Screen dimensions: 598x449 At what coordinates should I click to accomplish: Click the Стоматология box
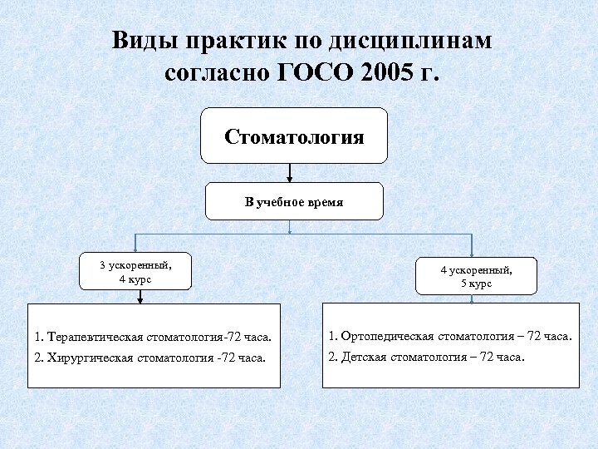click(x=293, y=136)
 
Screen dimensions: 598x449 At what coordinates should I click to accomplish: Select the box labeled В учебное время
click(x=293, y=202)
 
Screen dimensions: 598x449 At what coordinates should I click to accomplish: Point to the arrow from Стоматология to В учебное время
click(x=290, y=173)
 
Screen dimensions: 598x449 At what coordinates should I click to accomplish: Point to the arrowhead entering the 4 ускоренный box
click(x=472, y=253)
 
